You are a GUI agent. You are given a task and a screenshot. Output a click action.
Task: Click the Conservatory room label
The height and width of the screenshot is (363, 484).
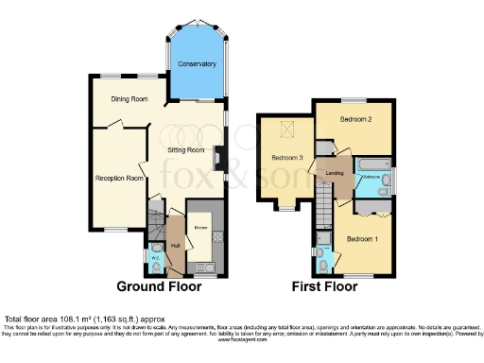(x=198, y=64)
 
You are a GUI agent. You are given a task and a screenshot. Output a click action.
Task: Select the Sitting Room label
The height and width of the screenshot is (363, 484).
(x=185, y=149)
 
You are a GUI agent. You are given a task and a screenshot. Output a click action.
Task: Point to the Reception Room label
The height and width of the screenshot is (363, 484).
(x=119, y=178)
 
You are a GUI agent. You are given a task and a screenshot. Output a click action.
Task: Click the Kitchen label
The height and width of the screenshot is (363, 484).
(x=201, y=228)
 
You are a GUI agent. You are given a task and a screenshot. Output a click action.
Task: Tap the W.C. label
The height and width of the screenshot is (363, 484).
(x=155, y=256)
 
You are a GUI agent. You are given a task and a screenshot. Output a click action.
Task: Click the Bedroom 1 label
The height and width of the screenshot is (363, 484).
(x=362, y=239)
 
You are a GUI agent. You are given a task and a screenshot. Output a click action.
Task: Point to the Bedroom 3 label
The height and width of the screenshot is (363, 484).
(x=286, y=157)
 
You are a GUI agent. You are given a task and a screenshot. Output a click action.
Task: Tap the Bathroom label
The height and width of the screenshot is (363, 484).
(x=371, y=177)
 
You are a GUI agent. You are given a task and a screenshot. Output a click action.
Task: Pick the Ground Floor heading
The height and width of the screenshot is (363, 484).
(x=158, y=285)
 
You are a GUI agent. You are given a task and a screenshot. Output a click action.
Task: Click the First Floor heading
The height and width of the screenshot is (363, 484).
(x=323, y=285)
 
